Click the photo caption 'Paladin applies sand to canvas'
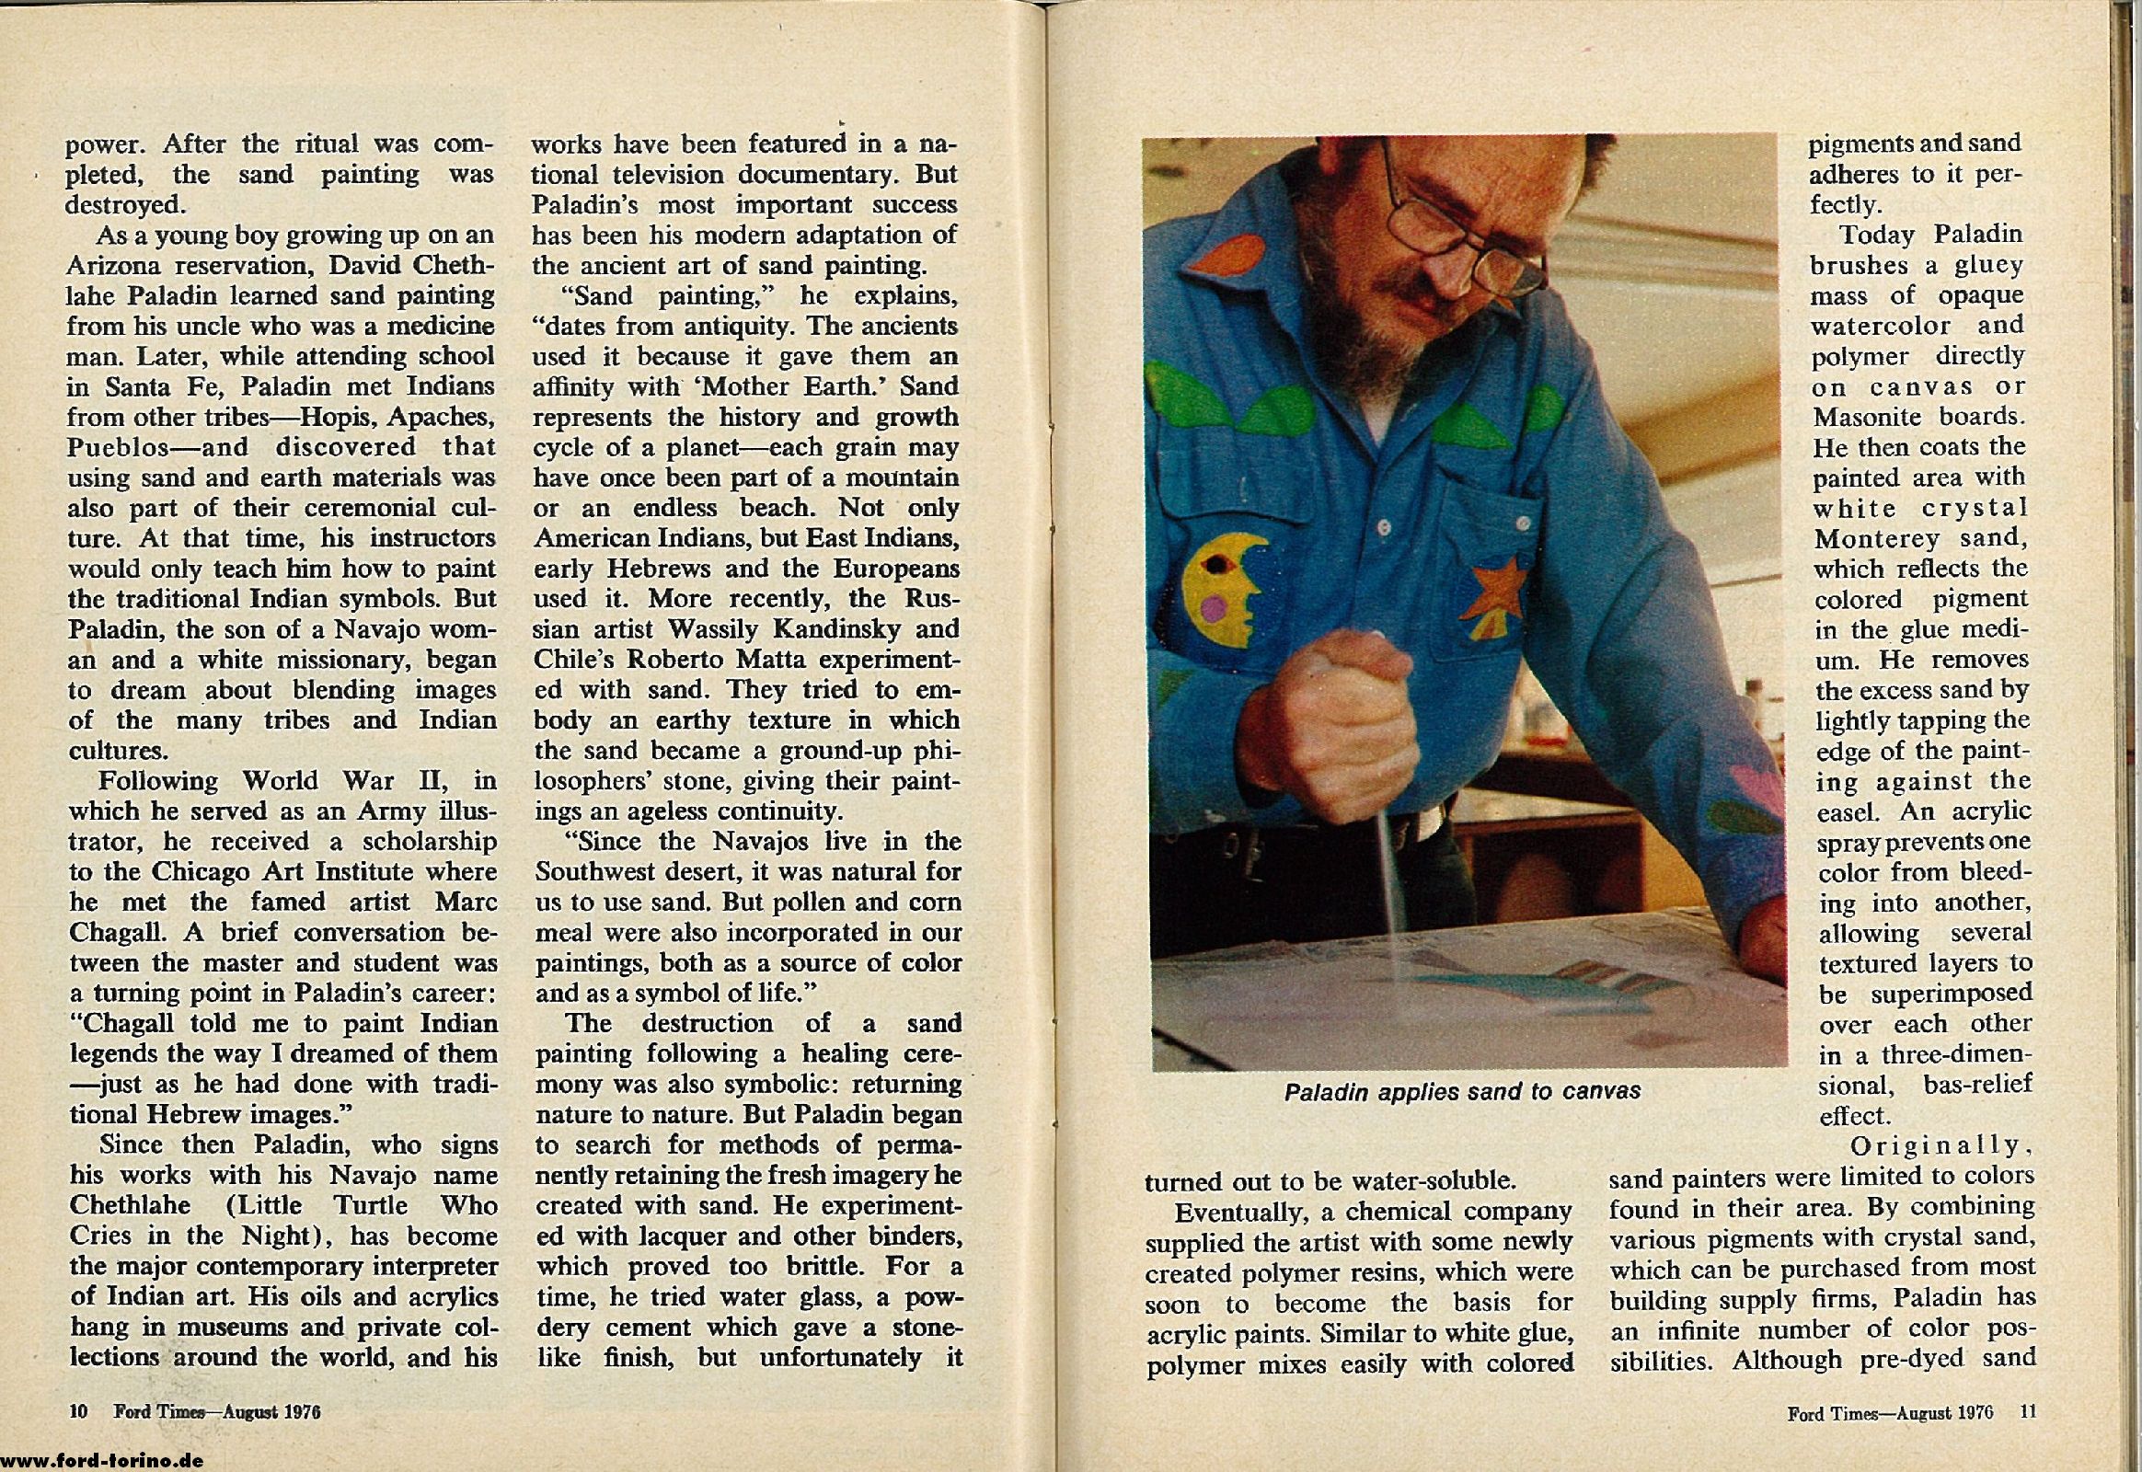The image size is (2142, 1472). coord(1462,1092)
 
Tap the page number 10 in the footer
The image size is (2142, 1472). coord(77,1412)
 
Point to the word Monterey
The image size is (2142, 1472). coord(1871,537)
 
